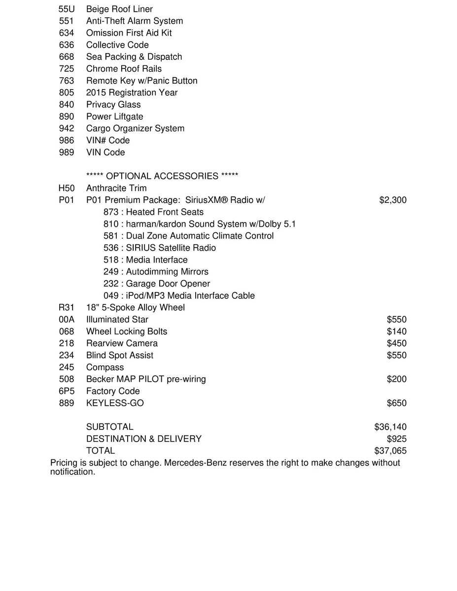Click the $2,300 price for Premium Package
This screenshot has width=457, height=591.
(x=393, y=200)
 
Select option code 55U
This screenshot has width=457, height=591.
(x=66, y=9)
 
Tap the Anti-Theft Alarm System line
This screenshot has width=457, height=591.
(x=134, y=21)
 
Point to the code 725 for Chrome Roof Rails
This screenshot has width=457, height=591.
(x=66, y=68)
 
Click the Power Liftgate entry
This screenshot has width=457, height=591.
(x=114, y=116)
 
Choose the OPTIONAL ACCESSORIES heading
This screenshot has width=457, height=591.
(x=162, y=176)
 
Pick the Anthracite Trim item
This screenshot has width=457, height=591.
(x=116, y=188)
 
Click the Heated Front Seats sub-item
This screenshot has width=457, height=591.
(x=153, y=212)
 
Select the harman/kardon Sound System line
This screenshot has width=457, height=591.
(x=199, y=224)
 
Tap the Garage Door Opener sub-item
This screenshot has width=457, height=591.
(x=157, y=284)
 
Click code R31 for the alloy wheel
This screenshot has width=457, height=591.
(x=66, y=307)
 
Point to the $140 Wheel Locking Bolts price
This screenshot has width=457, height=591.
(x=397, y=331)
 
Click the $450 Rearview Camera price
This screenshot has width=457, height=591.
(x=397, y=343)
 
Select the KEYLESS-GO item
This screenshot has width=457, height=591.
(x=115, y=403)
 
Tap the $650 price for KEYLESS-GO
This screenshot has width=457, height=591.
(x=397, y=403)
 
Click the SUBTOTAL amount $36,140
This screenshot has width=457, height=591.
(x=390, y=427)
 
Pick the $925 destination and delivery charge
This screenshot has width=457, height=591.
(x=397, y=439)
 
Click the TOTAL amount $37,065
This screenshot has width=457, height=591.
(x=390, y=451)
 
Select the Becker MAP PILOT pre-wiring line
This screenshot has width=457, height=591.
(x=146, y=379)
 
